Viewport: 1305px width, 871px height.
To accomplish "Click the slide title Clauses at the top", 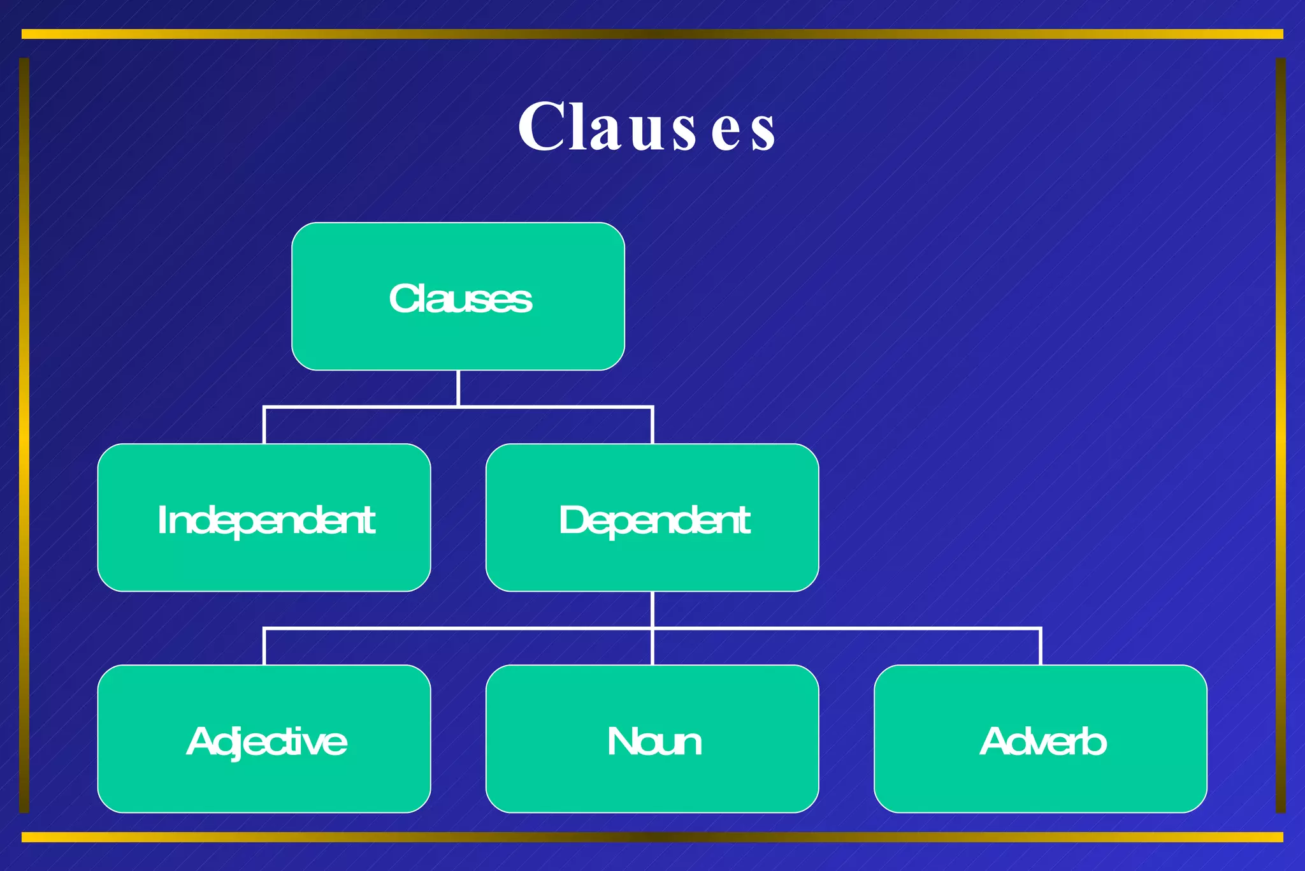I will tap(646, 127).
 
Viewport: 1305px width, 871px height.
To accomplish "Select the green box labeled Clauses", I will tap(458, 296).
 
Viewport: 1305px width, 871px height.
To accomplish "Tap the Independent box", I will tap(264, 518).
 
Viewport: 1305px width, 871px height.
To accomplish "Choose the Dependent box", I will tap(652, 518).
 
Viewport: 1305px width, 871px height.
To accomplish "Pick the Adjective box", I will tap(264, 739).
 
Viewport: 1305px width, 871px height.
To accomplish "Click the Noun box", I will tap(652, 739).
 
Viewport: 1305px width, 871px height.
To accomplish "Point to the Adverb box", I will tap(1040, 739).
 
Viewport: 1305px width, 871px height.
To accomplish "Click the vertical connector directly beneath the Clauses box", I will tap(458, 387).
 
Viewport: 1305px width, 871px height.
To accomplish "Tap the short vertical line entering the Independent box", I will tap(264, 425).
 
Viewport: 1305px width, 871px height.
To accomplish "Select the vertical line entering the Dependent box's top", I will tap(652, 425).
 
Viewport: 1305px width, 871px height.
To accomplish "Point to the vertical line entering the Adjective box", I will tap(264, 647).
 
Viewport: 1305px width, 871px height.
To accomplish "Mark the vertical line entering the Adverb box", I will tap(1041, 647).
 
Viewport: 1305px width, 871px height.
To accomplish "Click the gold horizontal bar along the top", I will tap(652, 34).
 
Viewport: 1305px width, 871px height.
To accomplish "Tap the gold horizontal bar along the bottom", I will tap(652, 837).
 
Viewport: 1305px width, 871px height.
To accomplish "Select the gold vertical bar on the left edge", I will tap(24, 435).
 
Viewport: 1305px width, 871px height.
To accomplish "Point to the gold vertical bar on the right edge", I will tap(1281, 435).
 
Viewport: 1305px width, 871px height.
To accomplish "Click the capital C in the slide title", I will tap(542, 127).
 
